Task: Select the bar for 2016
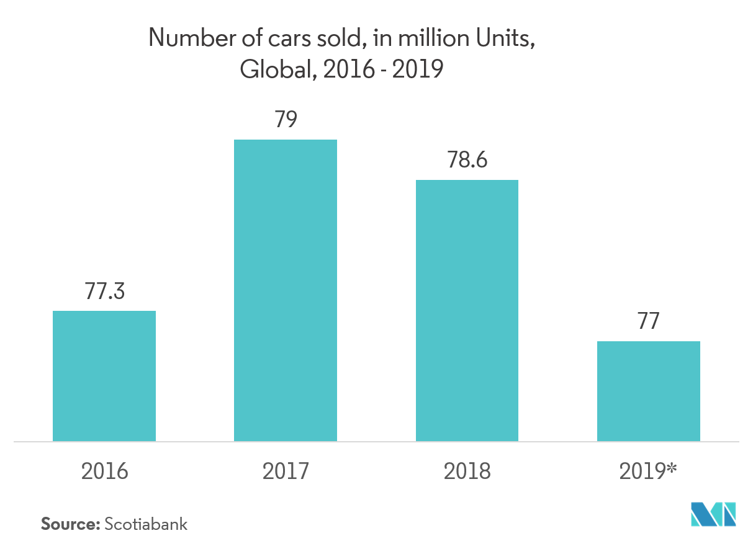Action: coord(104,376)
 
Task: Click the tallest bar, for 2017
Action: coord(285,290)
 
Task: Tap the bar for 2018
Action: coord(467,310)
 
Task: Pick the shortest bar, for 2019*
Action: coord(648,391)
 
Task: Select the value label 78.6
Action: coord(467,161)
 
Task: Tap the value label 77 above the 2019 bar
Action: coord(648,322)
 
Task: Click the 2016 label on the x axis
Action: coord(104,472)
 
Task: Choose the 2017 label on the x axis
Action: coord(286,472)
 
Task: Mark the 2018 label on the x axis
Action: coord(467,472)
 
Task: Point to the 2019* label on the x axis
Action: coord(648,472)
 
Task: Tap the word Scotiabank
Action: coord(146,524)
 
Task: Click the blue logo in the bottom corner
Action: coord(714,514)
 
